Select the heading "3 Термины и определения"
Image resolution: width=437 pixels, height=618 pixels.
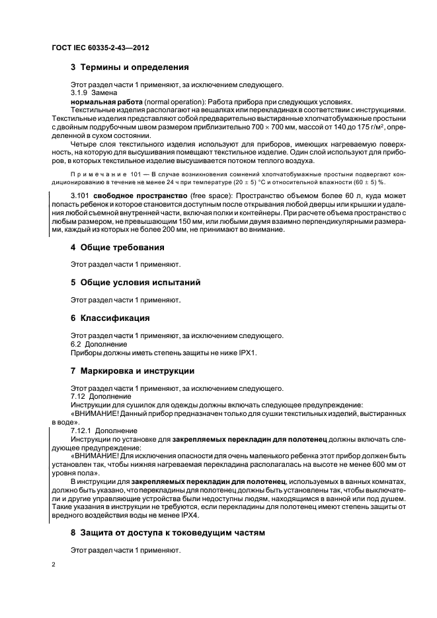tap(130, 67)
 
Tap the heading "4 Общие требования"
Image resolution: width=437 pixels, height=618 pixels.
tap(117, 248)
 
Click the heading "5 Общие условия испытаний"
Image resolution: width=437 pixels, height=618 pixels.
tap(135, 283)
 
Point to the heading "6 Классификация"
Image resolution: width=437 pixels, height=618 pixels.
tap(109, 318)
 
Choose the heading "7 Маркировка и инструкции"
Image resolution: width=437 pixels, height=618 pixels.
tap(132, 371)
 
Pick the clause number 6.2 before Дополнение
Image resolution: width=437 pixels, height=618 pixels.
tap(76, 344)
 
